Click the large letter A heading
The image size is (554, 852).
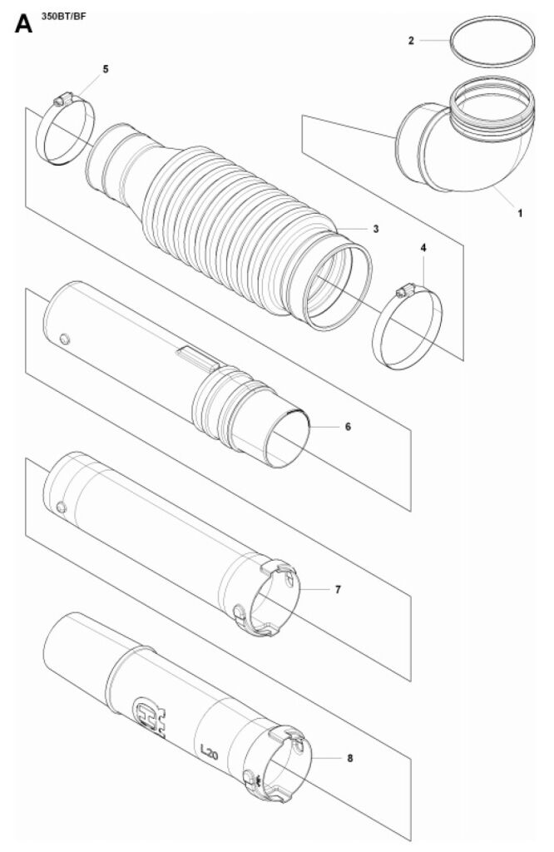point(23,23)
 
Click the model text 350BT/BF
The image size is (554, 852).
point(64,16)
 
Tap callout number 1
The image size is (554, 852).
point(520,214)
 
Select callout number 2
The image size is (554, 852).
point(411,40)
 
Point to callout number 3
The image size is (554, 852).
point(376,229)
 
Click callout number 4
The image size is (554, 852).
point(423,248)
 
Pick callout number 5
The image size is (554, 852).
point(106,69)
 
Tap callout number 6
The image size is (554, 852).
point(349,427)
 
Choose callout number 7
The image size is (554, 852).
point(338,589)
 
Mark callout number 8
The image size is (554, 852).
point(349,758)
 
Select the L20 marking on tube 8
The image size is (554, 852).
point(209,752)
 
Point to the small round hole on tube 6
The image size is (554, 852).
point(65,339)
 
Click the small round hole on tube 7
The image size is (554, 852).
point(62,507)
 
